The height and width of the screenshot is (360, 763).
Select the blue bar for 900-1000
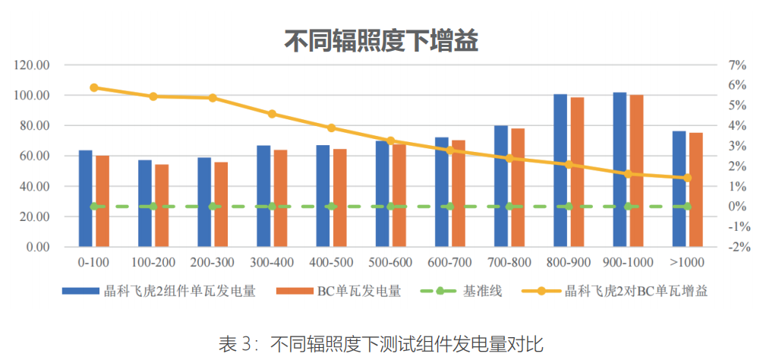[620, 169]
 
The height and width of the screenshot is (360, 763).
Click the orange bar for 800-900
[577, 172]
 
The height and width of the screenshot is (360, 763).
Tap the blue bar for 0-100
[85, 198]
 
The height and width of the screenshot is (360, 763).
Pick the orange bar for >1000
[695, 190]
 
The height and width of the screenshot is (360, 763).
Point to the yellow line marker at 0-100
[94, 87]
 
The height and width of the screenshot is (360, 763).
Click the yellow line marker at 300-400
[272, 114]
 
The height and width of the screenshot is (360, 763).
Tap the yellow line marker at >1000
[688, 178]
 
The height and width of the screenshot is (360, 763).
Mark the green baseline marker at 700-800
[509, 207]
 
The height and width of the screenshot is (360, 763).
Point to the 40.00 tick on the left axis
[34, 186]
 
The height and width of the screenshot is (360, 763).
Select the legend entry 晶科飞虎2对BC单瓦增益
[633, 292]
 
